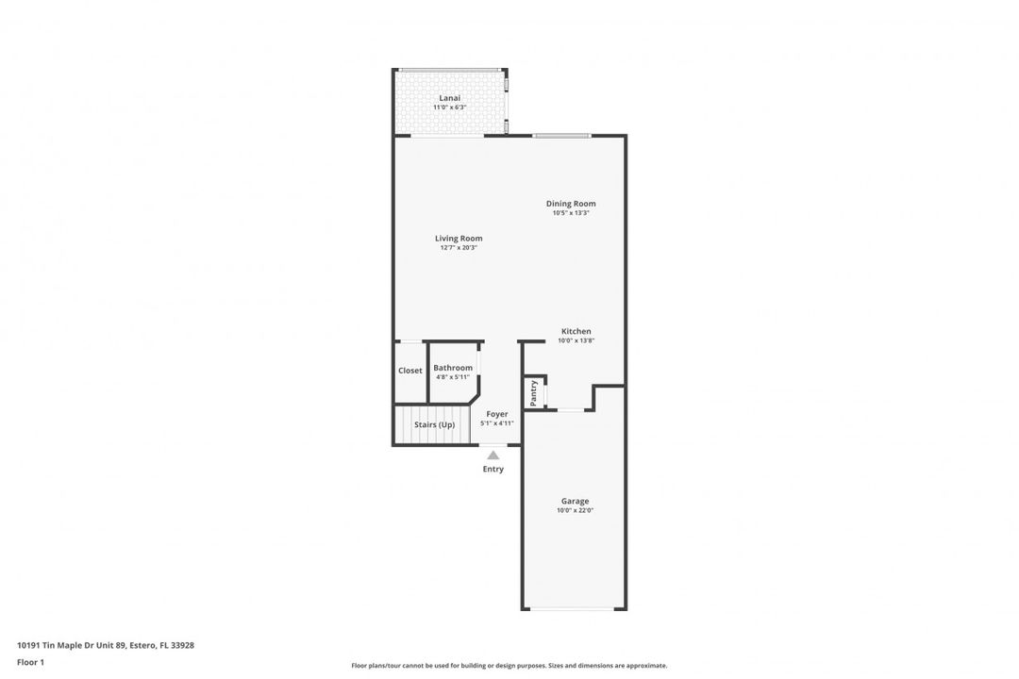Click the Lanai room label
coord(450,98)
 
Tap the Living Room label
coord(459,239)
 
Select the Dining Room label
coord(571,204)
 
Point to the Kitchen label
coord(576,331)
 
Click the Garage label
coord(576,502)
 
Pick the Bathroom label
coord(453,368)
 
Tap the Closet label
coord(410,371)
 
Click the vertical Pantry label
coord(533,393)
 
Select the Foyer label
coord(497,414)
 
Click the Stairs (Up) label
coord(435,425)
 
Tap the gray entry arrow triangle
coord(493,455)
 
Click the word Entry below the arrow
coord(493,469)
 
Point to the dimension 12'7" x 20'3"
coord(459,248)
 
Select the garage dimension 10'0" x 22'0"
coord(576,511)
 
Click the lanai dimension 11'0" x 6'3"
coord(450,108)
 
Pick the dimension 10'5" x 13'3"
coord(571,212)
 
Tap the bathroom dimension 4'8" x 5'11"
coord(453,377)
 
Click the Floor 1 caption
coord(30,663)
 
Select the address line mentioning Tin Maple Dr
coord(106,645)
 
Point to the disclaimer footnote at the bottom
coord(509,666)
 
